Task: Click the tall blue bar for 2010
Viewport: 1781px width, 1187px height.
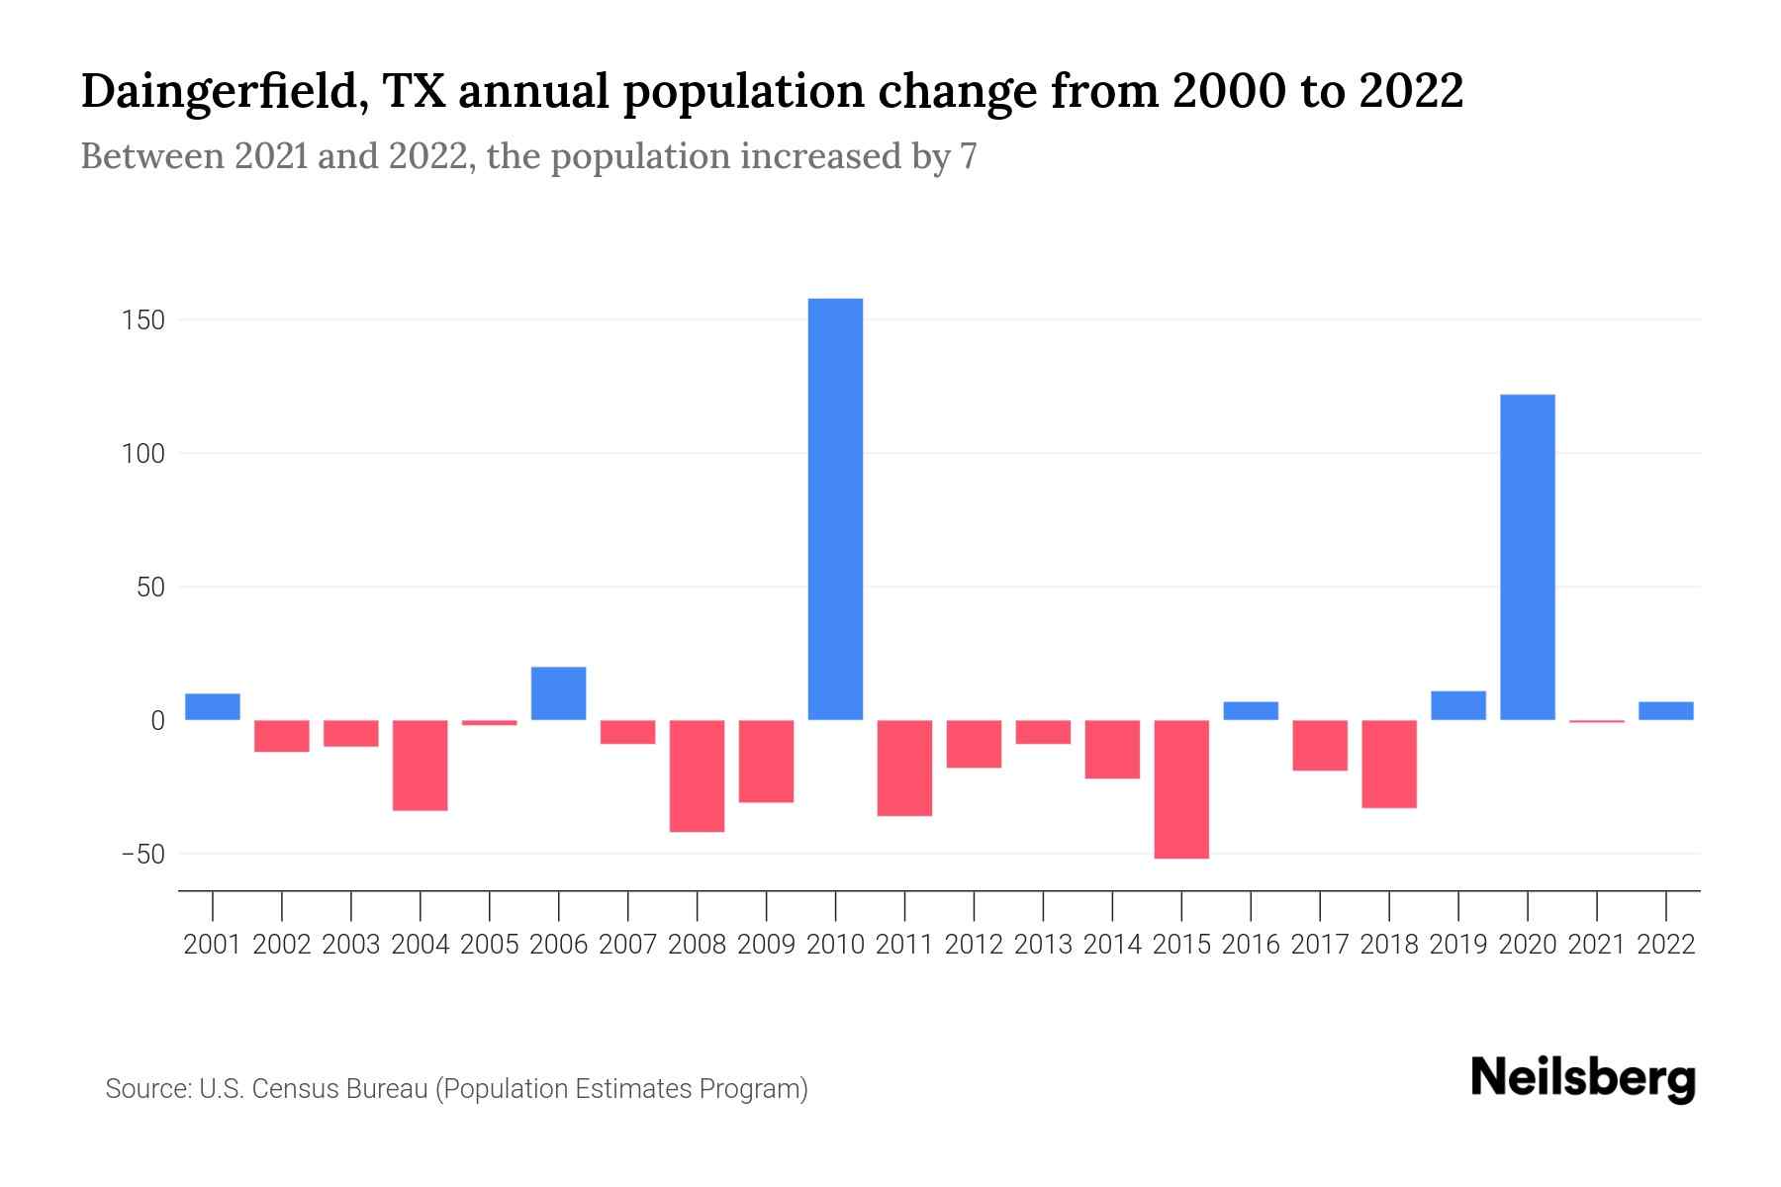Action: (835, 509)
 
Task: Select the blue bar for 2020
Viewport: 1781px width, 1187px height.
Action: (1528, 557)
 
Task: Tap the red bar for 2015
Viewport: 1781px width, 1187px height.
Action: (1181, 788)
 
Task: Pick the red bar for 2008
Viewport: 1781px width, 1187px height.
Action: (697, 776)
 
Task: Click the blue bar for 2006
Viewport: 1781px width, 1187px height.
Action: (558, 693)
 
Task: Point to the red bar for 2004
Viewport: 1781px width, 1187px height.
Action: (421, 765)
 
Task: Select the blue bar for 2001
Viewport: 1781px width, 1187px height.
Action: (213, 706)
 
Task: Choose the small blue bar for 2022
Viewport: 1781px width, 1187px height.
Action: (1666, 710)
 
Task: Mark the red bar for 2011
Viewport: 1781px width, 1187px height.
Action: (904, 768)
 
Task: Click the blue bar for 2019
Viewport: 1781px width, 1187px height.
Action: (1458, 705)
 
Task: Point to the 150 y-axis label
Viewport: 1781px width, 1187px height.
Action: (144, 320)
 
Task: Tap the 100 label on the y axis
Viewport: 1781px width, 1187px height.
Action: (144, 454)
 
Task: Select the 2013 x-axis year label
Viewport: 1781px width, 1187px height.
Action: (1043, 945)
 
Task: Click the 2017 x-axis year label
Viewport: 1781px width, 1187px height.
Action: (1320, 945)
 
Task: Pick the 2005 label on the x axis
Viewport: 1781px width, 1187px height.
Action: (490, 945)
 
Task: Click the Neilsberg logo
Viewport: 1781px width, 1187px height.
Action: (1583, 1079)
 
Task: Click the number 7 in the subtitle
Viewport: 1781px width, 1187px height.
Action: (969, 156)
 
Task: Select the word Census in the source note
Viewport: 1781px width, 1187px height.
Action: (289, 1089)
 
